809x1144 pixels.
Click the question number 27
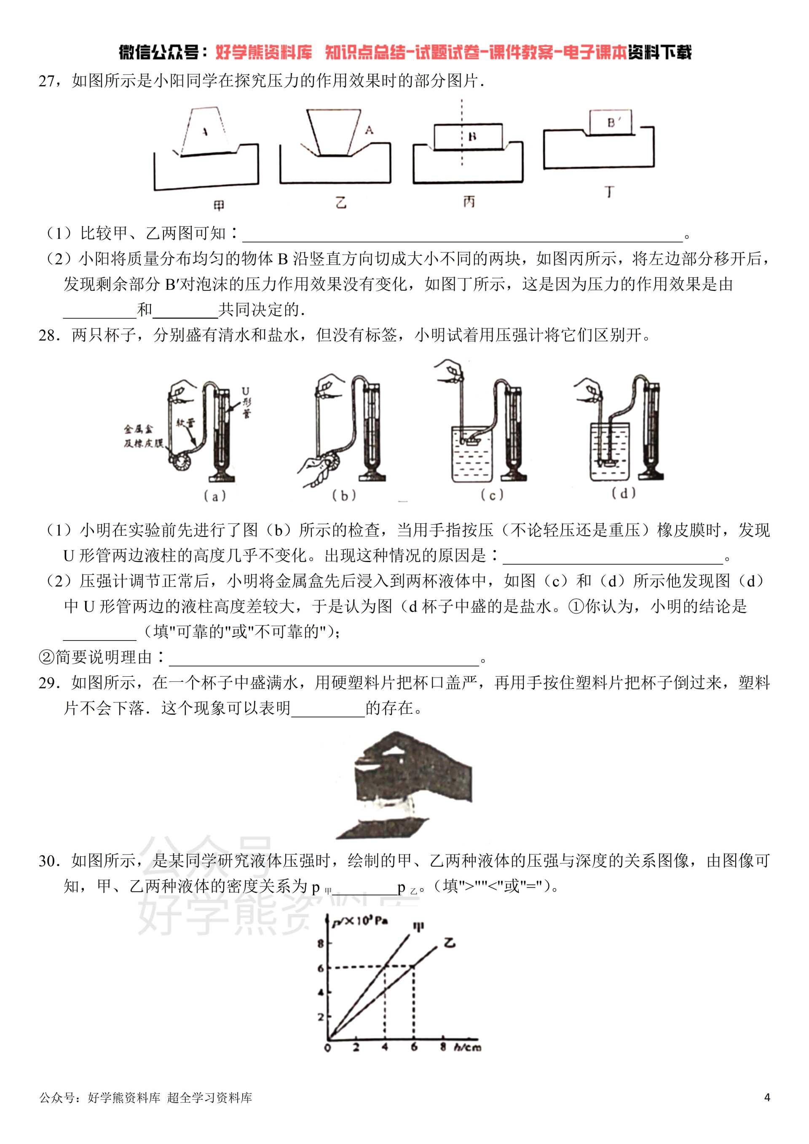click(48, 81)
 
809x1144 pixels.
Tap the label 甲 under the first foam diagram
click(218, 206)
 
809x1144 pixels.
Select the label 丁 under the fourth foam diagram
click(610, 192)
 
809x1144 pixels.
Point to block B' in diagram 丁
click(611, 123)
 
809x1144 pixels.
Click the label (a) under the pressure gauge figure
click(215, 496)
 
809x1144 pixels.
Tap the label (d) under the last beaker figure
click(623, 493)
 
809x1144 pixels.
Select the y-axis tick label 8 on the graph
click(320, 943)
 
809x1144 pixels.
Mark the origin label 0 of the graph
click(327, 1048)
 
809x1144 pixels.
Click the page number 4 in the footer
click(767, 1111)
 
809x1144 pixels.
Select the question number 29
click(49, 683)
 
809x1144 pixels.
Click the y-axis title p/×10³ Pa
click(360, 920)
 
